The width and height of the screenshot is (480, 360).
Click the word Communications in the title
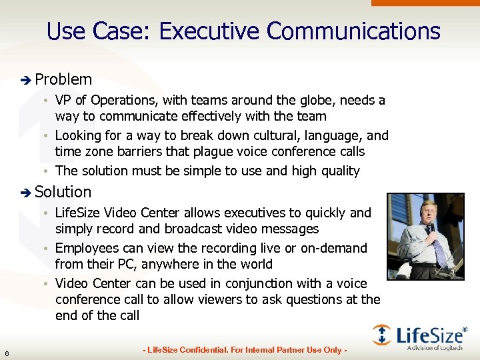353,31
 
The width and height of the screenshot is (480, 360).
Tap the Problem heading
63,79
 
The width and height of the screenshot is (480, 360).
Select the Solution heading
63,192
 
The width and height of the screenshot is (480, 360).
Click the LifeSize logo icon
382,335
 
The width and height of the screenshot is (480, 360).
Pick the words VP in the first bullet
64,101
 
